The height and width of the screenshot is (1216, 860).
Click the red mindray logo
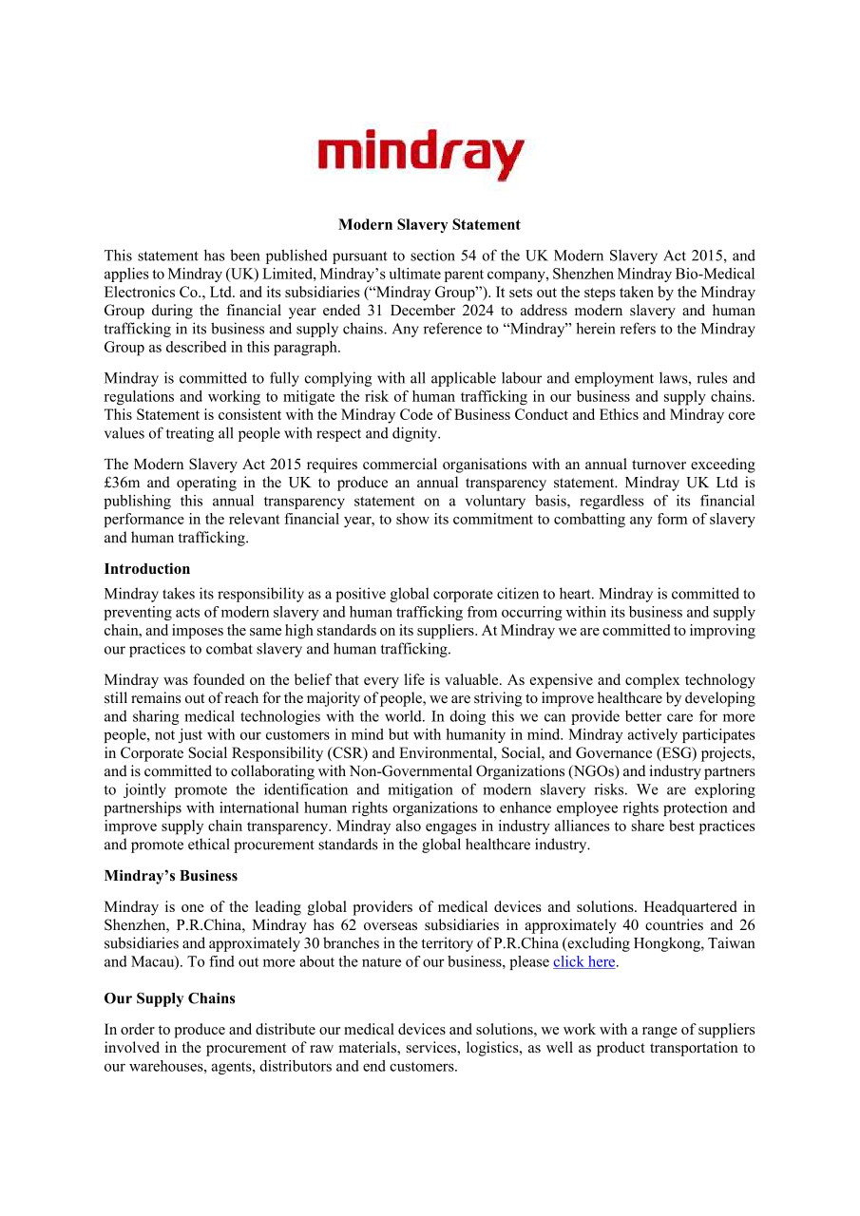pyautogui.click(x=420, y=155)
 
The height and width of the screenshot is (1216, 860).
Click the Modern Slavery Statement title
pyautogui.click(x=430, y=225)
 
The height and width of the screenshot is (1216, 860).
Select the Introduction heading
pyautogui.click(x=147, y=569)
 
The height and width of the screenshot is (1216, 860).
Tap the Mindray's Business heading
pyautogui.click(x=171, y=876)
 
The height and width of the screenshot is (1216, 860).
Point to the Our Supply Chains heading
pyautogui.click(x=170, y=998)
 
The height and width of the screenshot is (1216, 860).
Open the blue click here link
pyautogui.click(x=583, y=961)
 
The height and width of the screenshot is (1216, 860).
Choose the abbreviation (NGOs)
pyautogui.click(x=546, y=771)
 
